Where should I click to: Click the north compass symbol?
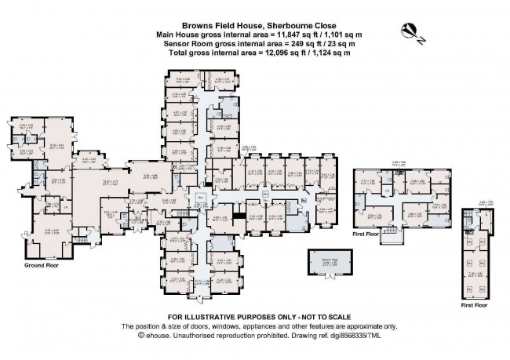[409, 31]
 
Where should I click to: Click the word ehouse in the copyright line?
[154, 335]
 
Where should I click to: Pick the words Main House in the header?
[177, 35]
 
